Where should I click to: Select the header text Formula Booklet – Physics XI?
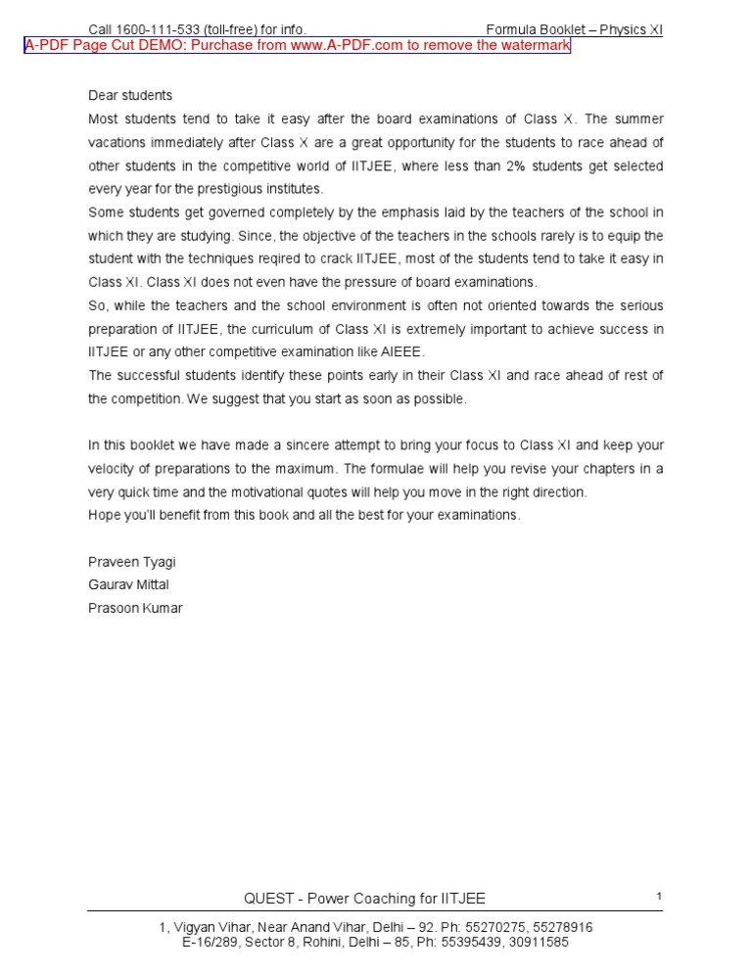(x=574, y=30)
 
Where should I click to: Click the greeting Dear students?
(x=130, y=96)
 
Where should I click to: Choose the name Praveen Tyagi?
(x=132, y=562)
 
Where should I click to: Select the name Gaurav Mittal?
(x=129, y=585)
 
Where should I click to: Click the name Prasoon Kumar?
(x=135, y=609)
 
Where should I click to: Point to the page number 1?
(x=660, y=897)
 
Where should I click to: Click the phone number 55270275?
(x=477, y=928)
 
